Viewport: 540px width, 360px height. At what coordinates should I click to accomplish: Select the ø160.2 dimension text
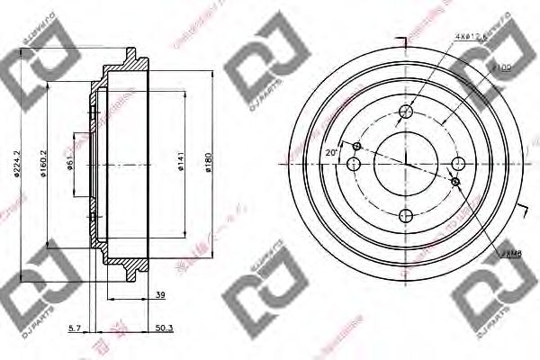42,163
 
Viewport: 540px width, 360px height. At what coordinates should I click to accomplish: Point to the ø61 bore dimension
68,162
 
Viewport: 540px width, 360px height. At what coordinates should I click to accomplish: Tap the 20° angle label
330,154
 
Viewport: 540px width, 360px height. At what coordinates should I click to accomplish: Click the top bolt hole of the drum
406,112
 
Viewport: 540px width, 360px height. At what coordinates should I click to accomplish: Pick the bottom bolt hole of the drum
406,216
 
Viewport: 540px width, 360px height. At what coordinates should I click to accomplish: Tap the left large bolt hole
354,163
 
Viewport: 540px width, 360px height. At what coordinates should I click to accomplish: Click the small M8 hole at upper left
357,146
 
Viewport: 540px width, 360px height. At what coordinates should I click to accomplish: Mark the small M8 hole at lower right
455,182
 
